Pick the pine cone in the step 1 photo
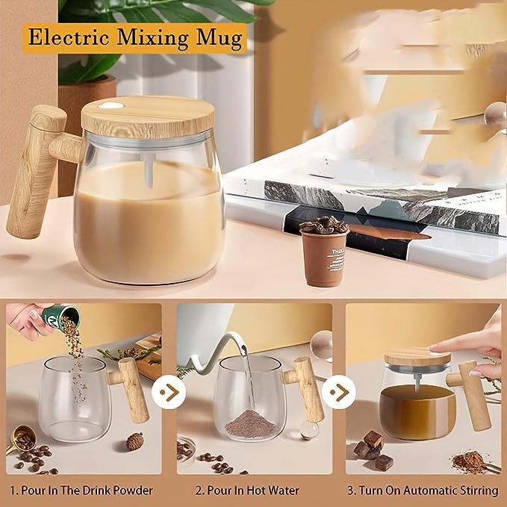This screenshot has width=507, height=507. pos(134,441)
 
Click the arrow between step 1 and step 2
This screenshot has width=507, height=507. pos(166,391)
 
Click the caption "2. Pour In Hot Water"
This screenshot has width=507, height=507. pos(247,491)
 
